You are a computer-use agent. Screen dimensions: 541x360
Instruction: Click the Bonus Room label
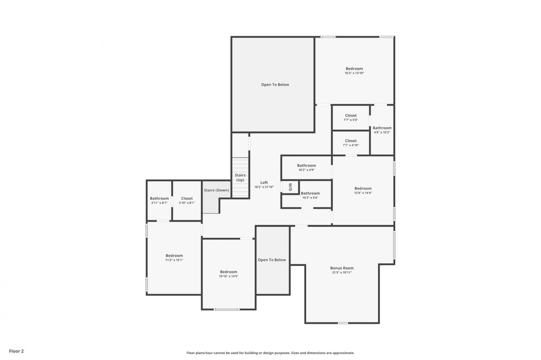click(342, 268)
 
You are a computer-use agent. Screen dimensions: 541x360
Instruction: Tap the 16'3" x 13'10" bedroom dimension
click(354, 73)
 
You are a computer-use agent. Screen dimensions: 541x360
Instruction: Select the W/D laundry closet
click(290, 187)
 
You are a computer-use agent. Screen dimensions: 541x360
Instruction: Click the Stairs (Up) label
click(240, 178)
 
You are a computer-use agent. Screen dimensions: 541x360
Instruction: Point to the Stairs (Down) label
click(216, 190)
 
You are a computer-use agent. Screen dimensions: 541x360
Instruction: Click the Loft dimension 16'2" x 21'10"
click(264, 187)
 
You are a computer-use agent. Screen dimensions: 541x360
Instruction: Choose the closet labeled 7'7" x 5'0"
click(351, 118)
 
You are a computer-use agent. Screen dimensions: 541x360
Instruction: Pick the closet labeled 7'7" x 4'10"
click(351, 143)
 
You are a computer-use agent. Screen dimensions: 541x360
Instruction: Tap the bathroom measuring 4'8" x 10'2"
click(382, 130)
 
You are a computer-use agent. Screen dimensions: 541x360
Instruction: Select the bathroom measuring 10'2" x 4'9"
click(307, 168)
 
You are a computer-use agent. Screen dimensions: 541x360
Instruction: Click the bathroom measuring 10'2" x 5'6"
click(310, 195)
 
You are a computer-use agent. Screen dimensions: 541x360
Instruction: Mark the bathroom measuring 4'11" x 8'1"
click(159, 200)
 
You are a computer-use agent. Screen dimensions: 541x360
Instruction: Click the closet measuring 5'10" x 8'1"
click(187, 200)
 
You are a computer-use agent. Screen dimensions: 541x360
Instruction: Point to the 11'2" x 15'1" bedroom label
click(174, 258)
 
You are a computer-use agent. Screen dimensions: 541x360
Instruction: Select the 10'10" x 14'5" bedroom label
click(228, 274)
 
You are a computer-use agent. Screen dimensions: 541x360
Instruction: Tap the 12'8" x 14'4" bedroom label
click(363, 190)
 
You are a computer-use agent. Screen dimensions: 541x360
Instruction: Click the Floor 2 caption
click(17, 351)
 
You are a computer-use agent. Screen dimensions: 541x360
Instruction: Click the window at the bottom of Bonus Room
click(343, 323)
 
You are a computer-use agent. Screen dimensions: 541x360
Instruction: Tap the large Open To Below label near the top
click(275, 84)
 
